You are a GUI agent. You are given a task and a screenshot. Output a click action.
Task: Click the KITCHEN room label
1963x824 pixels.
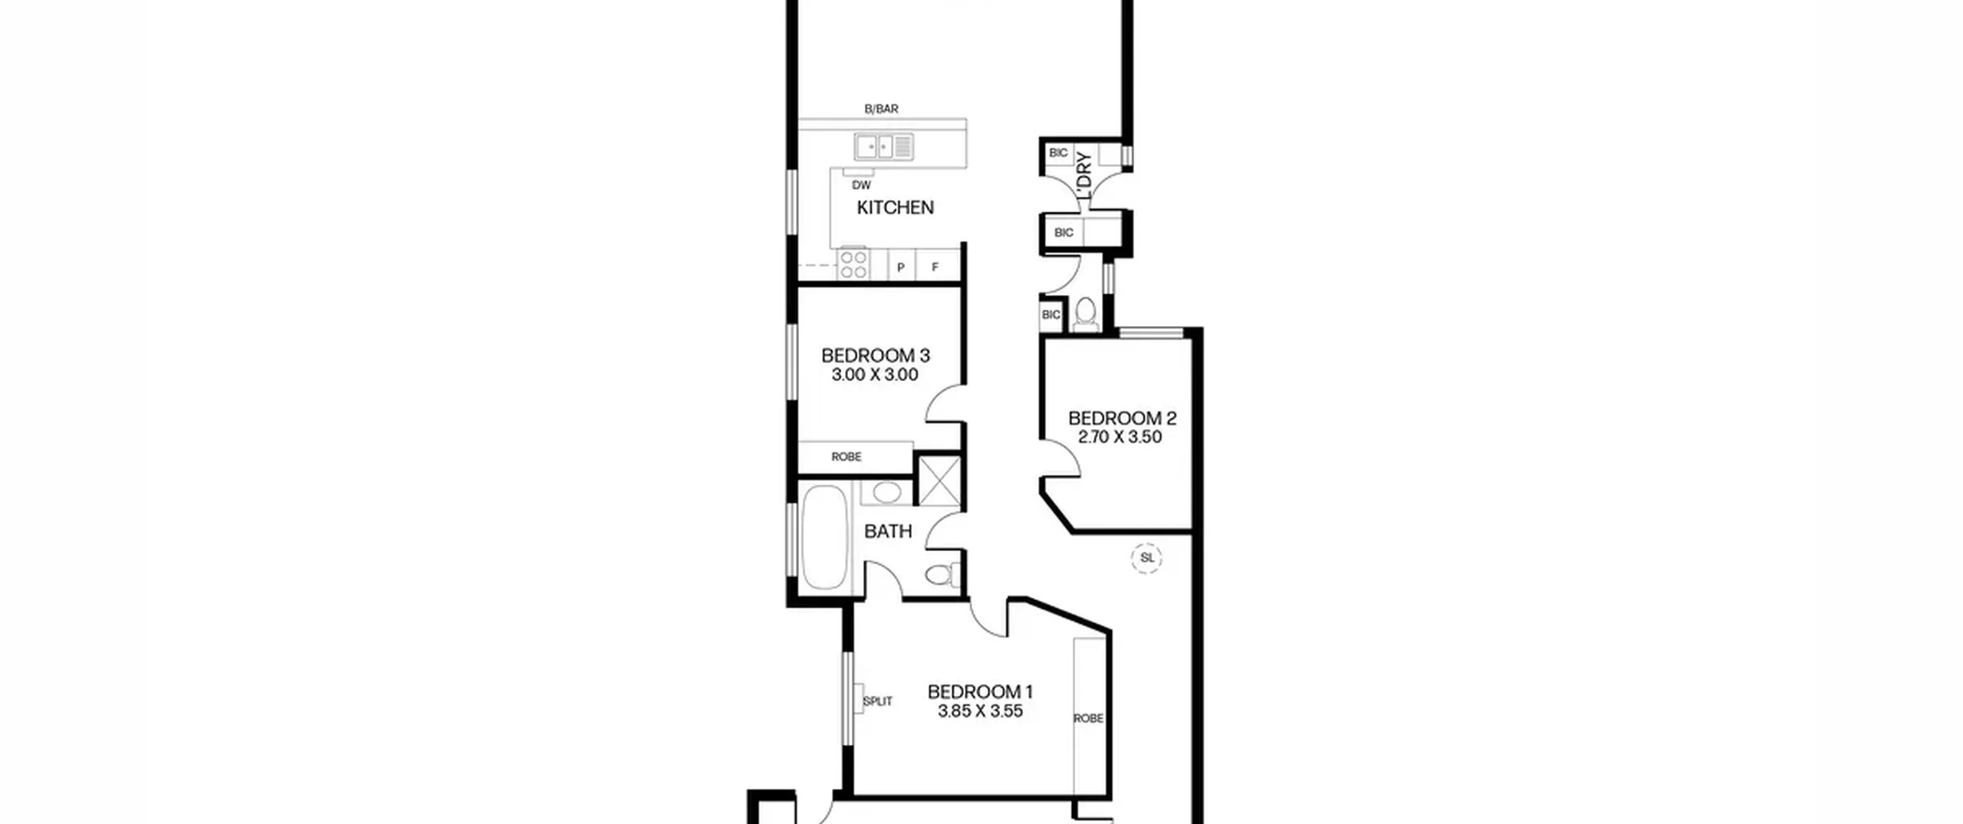point(895,207)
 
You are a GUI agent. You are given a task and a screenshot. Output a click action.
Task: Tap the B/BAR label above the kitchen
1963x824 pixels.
point(881,109)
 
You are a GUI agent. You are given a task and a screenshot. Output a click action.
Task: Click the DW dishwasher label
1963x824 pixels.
point(861,185)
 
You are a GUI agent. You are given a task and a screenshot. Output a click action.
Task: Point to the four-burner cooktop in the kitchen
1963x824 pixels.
point(853,263)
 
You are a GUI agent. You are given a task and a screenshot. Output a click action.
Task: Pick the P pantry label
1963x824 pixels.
point(901,268)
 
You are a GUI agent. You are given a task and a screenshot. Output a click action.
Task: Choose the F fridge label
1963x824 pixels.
point(935,268)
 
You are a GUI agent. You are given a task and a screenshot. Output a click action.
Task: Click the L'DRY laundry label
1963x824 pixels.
point(1084,176)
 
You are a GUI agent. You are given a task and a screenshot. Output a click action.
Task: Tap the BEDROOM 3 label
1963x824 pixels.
point(875,356)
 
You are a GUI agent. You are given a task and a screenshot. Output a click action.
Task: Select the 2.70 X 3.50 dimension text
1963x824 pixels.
point(1120,437)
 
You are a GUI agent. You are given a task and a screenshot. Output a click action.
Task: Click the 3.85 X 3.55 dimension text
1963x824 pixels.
point(980,711)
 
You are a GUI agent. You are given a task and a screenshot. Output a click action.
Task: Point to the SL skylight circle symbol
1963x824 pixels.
point(1147,558)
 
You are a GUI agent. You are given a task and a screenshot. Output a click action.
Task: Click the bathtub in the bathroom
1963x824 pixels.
point(824,537)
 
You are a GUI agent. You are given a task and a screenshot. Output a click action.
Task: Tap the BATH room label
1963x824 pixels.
point(888,531)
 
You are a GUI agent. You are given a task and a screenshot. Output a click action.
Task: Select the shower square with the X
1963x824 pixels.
point(939,481)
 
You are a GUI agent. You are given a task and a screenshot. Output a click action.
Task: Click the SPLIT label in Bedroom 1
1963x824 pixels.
point(877,701)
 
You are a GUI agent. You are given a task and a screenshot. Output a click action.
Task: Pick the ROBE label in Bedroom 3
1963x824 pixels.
point(847,457)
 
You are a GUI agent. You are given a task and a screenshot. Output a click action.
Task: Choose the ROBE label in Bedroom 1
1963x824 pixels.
point(1089,718)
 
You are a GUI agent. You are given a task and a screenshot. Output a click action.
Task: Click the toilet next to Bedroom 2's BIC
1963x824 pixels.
point(1085,314)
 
